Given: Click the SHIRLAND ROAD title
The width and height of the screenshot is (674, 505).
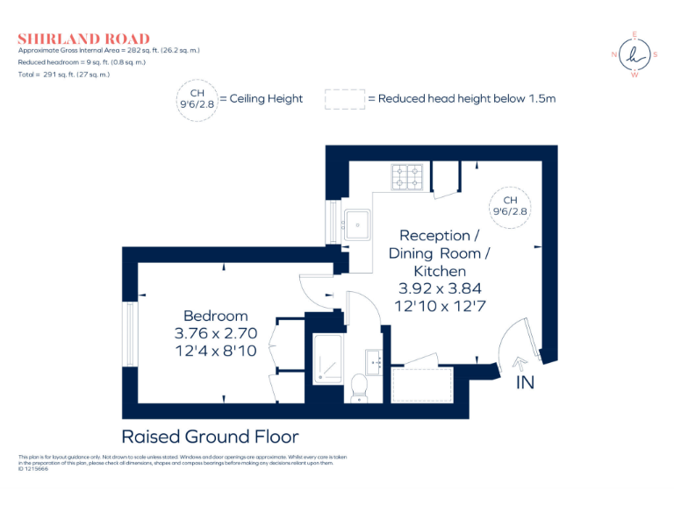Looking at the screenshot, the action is pyautogui.click(x=84, y=39).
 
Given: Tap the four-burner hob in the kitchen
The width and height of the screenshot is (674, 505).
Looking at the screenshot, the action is pyautogui.click(x=407, y=176).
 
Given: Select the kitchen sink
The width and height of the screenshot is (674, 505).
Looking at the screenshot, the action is pyautogui.click(x=356, y=224).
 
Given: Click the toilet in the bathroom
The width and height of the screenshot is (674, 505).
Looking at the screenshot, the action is pyautogui.click(x=358, y=388).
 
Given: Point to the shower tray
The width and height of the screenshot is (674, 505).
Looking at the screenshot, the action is pyautogui.click(x=327, y=359).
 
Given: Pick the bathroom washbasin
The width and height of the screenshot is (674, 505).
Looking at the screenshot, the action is pyautogui.click(x=374, y=362).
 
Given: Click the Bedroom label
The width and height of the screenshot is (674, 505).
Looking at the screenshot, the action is pyautogui.click(x=216, y=316).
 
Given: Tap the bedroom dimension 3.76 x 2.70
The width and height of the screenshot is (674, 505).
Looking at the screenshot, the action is pyautogui.click(x=216, y=333).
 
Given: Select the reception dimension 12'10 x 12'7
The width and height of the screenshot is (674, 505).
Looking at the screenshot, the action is pyautogui.click(x=441, y=306).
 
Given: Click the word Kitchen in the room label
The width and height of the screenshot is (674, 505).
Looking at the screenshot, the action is pyautogui.click(x=440, y=271).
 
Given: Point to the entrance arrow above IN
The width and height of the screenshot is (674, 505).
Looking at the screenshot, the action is pyautogui.click(x=520, y=364).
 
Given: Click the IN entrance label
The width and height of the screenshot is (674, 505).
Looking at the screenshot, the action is pyautogui.click(x=526, y=382).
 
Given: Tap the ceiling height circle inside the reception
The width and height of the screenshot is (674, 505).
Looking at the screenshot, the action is pyautogui.click(x=510, y=208).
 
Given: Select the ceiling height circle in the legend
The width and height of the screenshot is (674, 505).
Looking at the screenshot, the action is pyautogui.click(x=197, y=101).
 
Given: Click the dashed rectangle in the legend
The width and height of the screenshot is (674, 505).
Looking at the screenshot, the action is pyautogui.click(x=345, y=99).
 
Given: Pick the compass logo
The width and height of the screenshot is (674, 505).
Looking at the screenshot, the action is pyautogui.click(x=635, y=54).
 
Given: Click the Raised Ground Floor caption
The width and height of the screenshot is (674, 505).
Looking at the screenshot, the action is pyautogui.click(x=211, y=437).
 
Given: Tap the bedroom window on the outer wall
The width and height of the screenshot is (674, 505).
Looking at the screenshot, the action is pyautogui.click(x=130, y=334).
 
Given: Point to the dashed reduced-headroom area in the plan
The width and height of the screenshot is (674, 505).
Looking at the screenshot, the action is pyautogui.click(x=422, y=385).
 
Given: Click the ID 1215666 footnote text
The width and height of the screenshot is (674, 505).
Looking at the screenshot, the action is pyautogui.click(x=33, y=469).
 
